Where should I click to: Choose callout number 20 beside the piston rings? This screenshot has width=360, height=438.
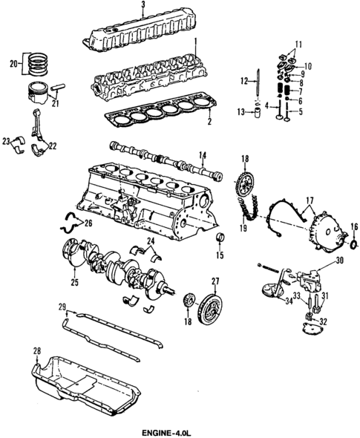point(10,64)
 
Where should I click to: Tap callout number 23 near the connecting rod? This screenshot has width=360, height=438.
point(5,140)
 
